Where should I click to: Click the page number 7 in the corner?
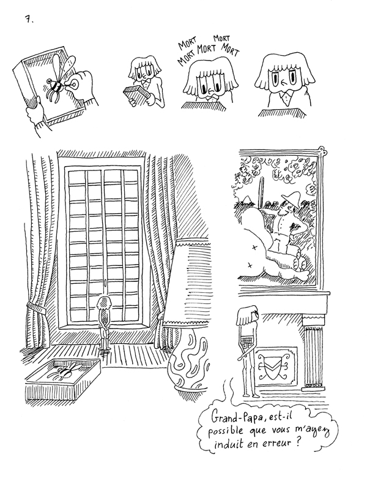click(28, 20)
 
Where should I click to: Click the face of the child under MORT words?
click(209, 80)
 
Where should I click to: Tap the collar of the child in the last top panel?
click(283, 99)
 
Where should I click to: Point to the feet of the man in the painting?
click(299, 263)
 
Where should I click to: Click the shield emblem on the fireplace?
click(272, 366)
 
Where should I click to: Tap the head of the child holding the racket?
click(245, 314)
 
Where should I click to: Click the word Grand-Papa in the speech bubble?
click(236, 417)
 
